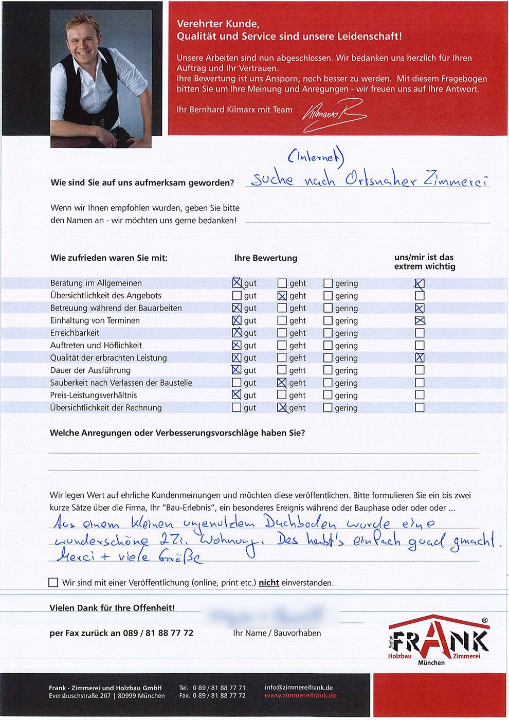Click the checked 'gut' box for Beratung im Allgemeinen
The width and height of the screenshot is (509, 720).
tap(237, 283)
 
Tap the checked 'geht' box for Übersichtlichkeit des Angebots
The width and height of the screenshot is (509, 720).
tap(282, 296)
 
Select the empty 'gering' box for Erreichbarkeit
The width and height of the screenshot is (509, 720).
tap(328, 333)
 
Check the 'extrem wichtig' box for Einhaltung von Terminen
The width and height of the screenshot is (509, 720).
tap(420, 321)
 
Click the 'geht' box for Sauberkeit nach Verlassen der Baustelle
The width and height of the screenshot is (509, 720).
tap(282, 383)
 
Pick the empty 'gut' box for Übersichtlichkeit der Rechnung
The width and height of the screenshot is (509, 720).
tap(237, 408)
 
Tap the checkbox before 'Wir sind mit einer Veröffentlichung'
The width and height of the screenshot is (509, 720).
tap(53, 583)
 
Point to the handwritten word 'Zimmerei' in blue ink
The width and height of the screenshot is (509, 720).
tap(455, 181)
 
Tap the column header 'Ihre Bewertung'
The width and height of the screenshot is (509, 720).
tap(265, 258)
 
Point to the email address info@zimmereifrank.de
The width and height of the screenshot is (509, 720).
tap(299, 688)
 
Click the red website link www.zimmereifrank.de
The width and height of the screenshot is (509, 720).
tap(300, 696)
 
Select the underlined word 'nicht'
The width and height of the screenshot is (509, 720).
tap(268, 583)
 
